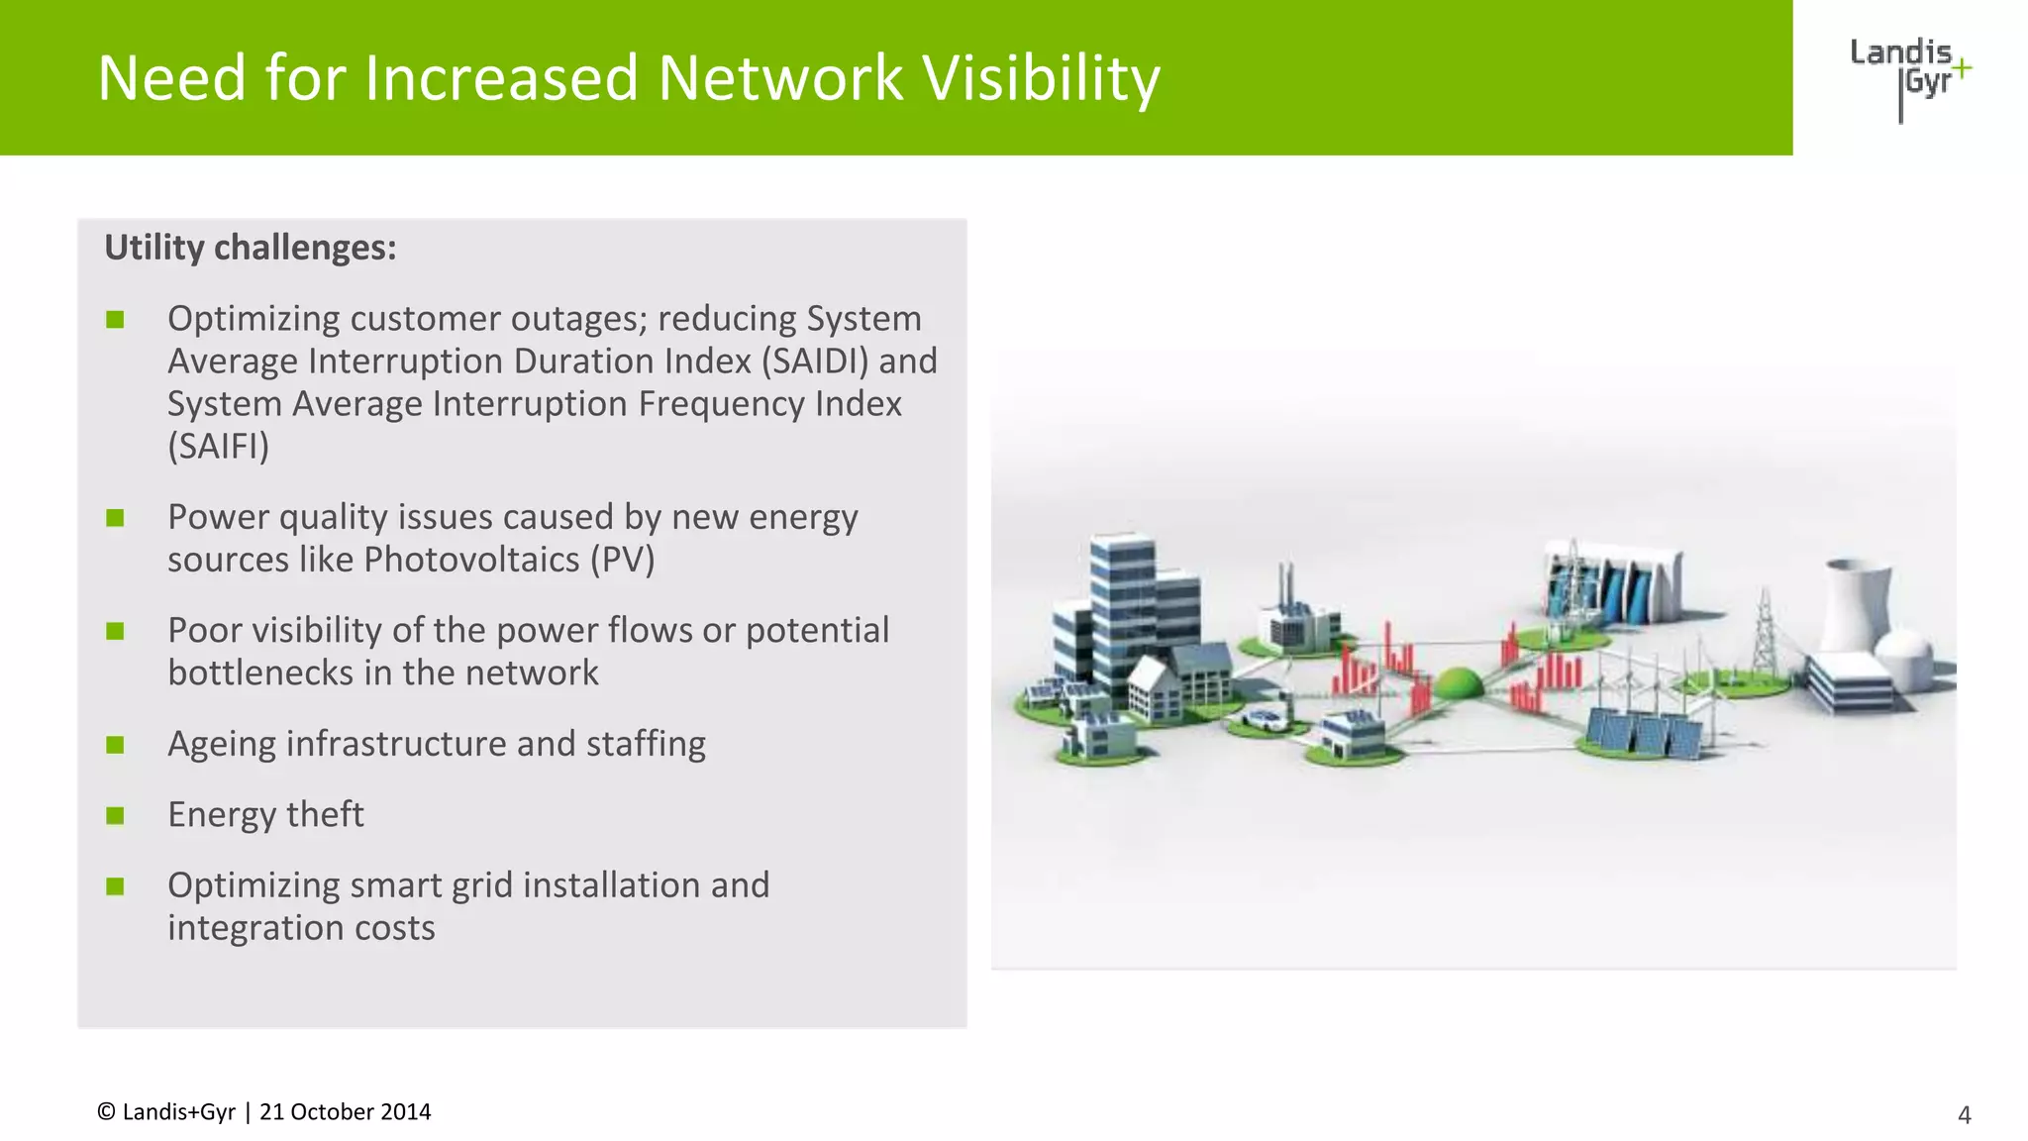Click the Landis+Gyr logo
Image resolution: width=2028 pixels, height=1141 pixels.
(x=1909, y=77)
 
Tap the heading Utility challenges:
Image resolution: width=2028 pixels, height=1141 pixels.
(x=251, y=248)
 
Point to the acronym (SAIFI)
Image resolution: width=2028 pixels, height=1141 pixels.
(x=219, y=447)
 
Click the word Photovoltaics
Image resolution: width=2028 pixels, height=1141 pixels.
(x=471, y=561)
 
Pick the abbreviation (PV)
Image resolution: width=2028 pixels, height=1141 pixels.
(x=623, y=561)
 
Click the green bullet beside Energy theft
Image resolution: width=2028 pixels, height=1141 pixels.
(x=115, y=815)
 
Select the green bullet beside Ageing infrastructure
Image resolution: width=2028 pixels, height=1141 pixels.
(x=115, y=745)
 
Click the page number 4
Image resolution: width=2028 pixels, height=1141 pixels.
(x=1965, y=1115)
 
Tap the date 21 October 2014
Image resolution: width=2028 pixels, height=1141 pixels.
(x=345, y=1112)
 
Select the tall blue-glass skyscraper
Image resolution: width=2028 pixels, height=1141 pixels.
(x=1121, y=604)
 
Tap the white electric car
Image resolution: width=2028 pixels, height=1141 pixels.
(x=1265, y=719)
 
